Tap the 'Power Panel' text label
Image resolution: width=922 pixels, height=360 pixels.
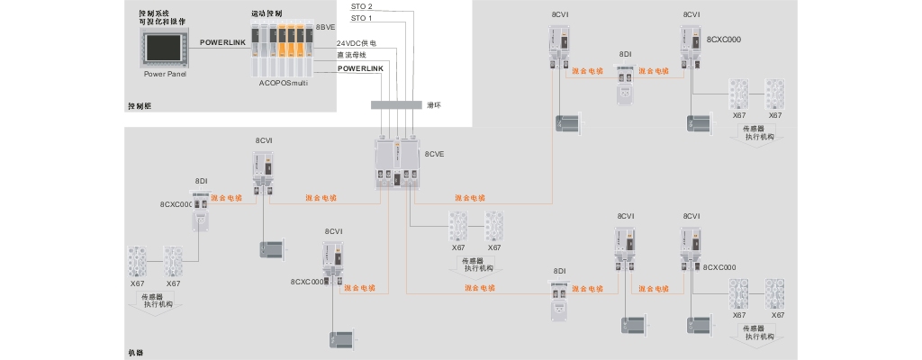[165, 74]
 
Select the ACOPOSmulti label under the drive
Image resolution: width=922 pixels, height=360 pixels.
[285, 82]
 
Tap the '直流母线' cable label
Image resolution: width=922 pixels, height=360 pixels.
[352, 55]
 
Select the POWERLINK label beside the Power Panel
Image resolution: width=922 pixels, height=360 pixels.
[222, 42]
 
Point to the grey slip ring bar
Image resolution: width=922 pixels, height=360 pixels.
[395, 105]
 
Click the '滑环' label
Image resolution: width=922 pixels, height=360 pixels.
[434, 105]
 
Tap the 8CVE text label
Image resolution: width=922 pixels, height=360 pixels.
[434, 154]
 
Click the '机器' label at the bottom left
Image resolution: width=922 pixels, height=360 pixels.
[136, 353]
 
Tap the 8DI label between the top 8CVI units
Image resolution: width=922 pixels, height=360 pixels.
[625, 55]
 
